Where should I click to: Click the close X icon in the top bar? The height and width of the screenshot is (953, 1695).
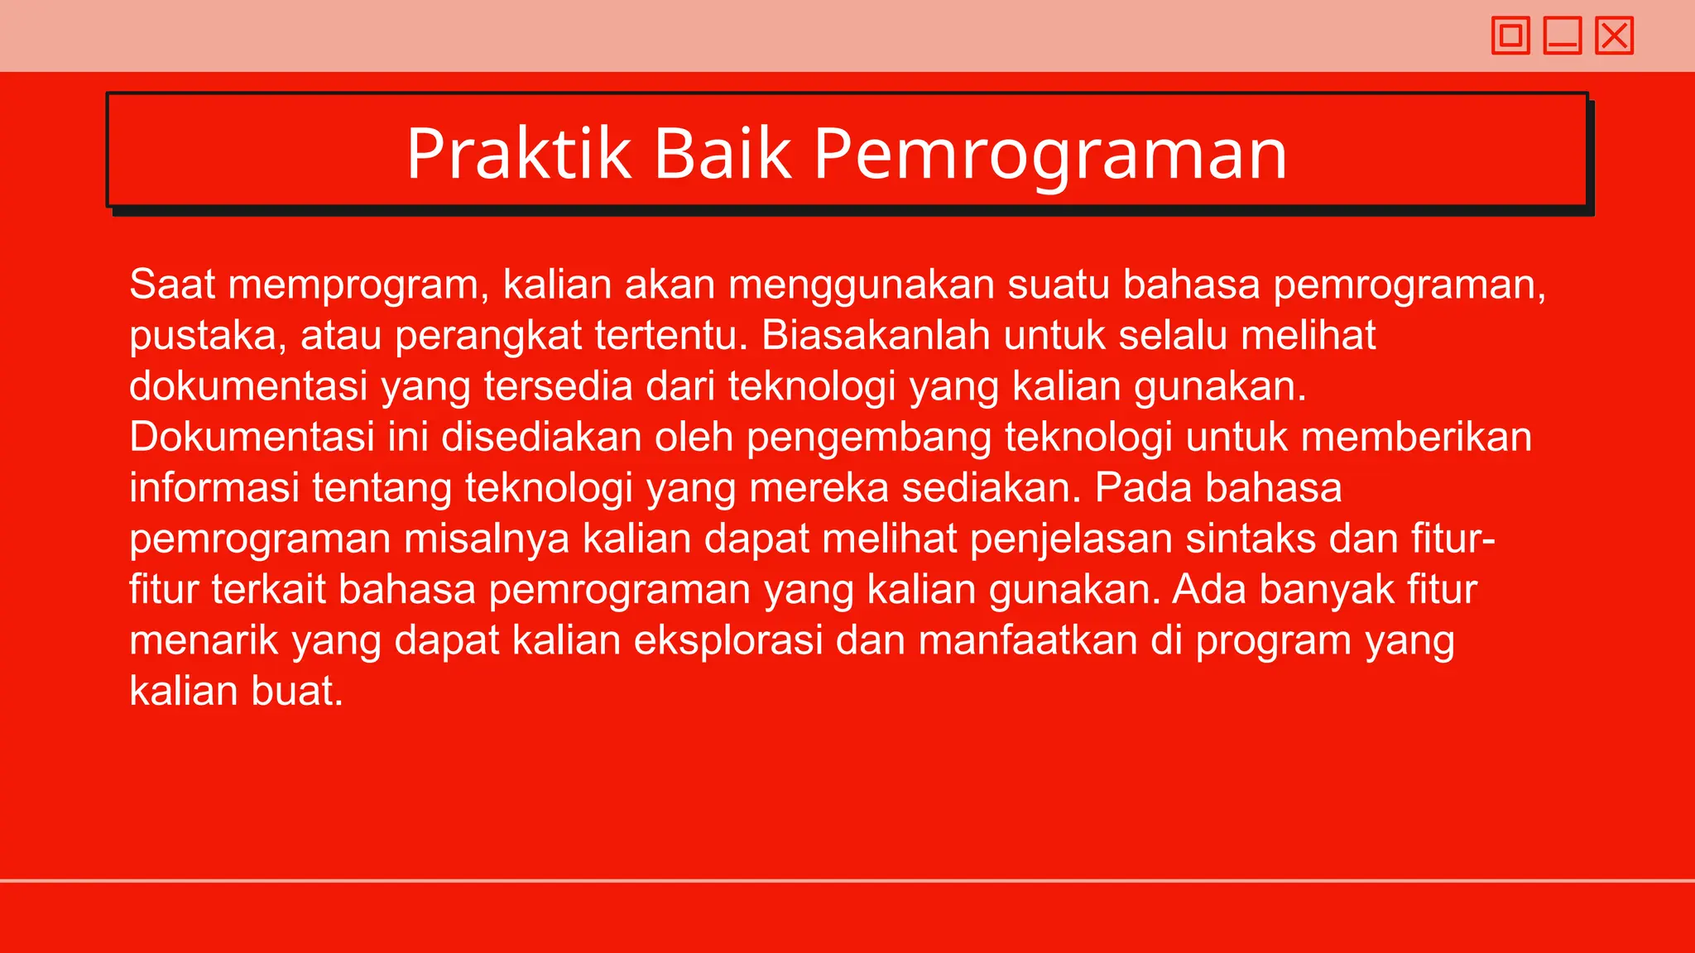tap(1614, 36)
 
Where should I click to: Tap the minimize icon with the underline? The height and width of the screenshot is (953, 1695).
tap(1562, 36)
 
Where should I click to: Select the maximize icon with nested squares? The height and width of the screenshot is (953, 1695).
tap(1510, 36)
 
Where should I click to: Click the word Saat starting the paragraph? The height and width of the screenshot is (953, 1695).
tap(172, 284)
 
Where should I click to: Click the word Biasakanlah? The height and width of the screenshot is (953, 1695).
tap(876, 335)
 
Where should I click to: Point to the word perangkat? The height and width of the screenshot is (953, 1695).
tap(488, 336)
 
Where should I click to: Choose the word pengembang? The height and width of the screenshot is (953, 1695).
tap(869, 438)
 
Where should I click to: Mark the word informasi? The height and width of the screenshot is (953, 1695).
tap(214, 487)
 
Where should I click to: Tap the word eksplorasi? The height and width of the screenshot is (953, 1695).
tap(728, 640)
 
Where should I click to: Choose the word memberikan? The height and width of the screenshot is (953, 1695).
tap(1416, 437)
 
